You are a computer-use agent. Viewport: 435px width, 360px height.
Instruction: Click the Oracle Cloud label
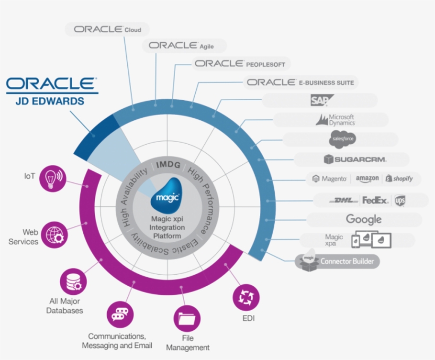coord(108,29)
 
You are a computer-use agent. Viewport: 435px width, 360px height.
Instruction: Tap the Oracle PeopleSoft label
coord(240,64)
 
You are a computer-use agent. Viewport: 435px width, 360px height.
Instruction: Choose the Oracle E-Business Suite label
coord(300,82)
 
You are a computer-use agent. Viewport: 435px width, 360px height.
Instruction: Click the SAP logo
coord(322,100)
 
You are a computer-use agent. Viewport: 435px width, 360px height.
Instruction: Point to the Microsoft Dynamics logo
coord(335,120)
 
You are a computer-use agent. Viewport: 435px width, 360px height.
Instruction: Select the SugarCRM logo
coord(355,159)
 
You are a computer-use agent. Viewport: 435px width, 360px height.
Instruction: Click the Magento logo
coord(330,179)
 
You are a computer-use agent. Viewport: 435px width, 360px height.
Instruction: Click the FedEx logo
coord(376,200)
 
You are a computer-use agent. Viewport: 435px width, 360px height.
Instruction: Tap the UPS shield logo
coord(400,200)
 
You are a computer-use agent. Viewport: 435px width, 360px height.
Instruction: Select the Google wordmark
coord(363,219)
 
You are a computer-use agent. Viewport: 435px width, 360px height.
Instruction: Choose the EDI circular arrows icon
coord(246,297)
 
